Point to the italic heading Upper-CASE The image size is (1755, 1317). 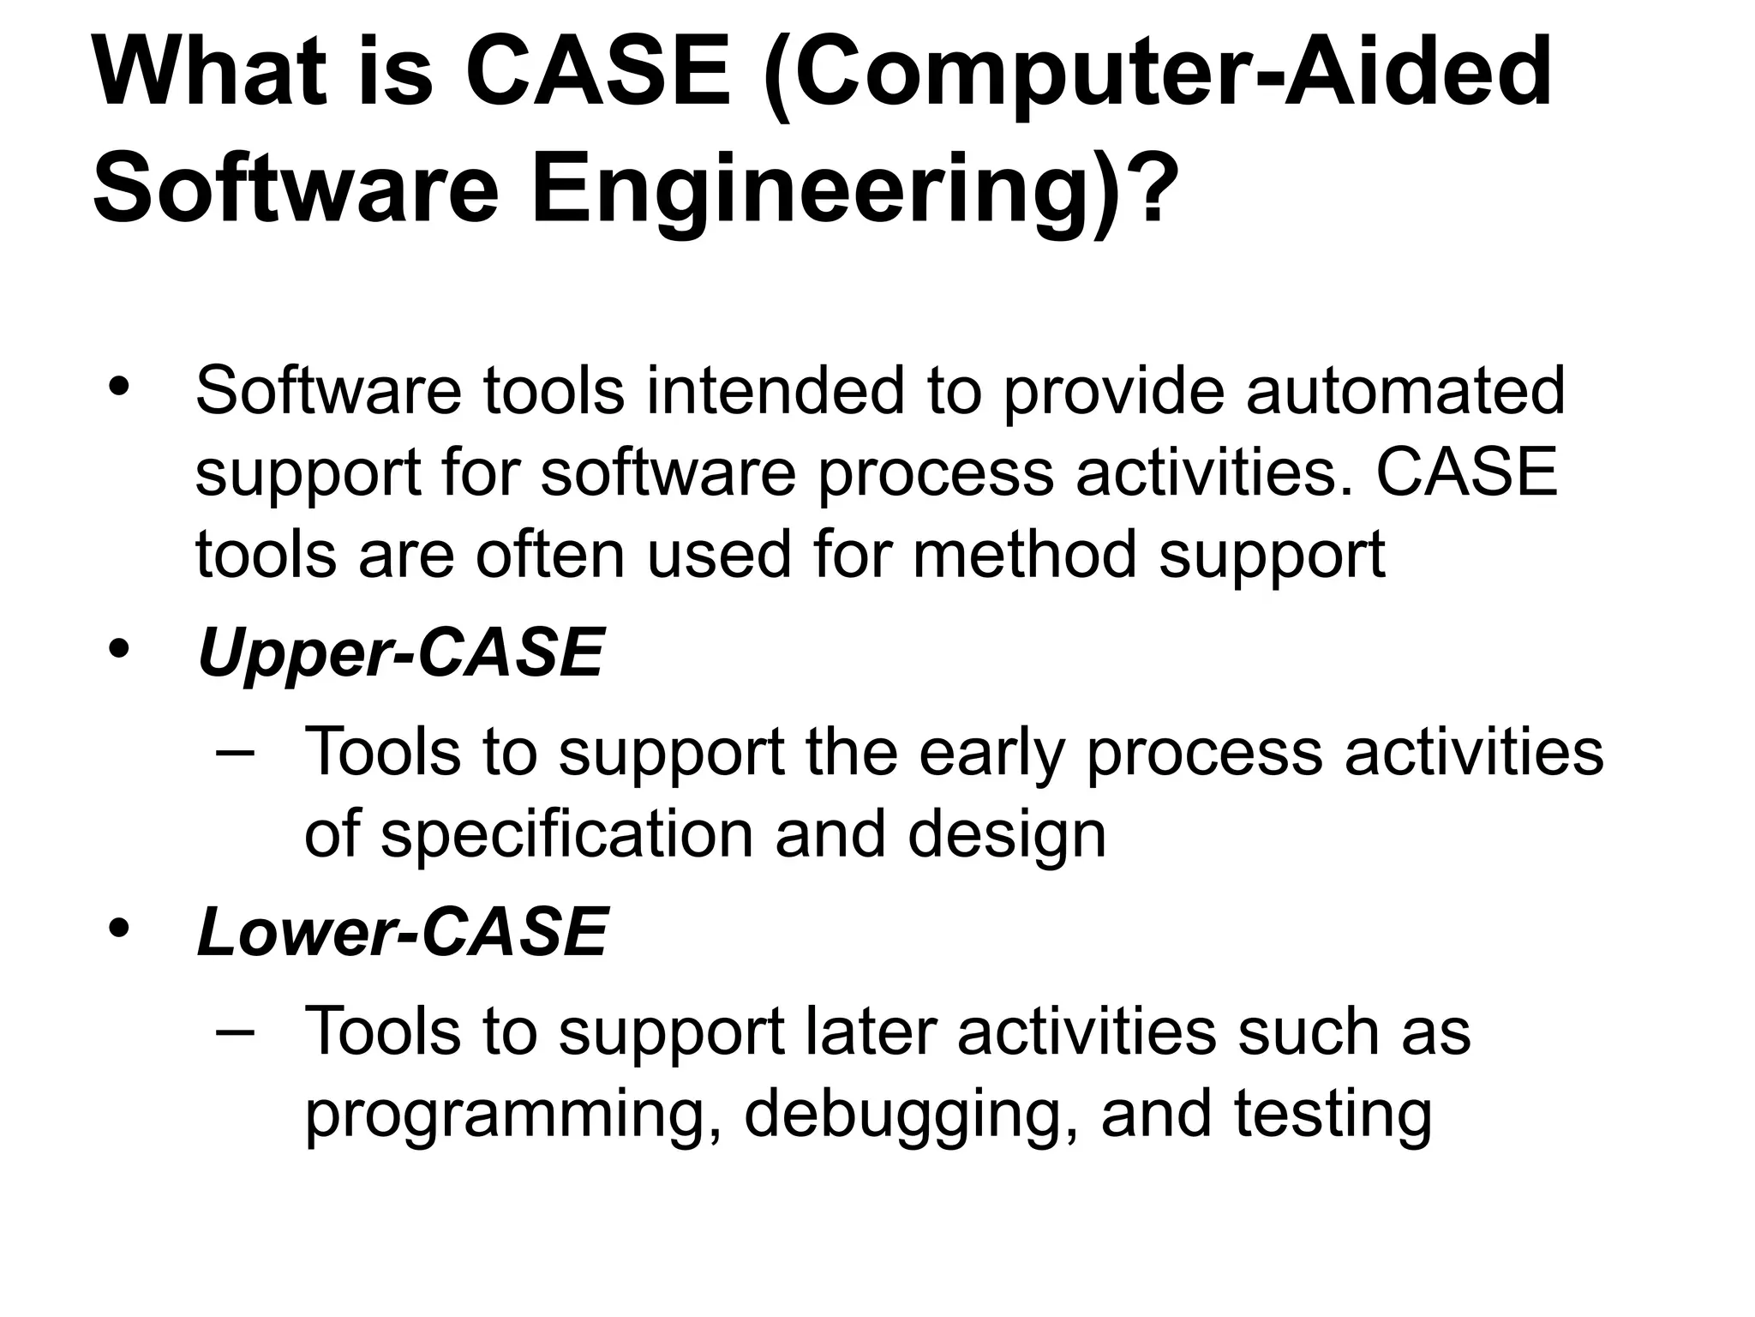pyautogui.click(x=400, y=652)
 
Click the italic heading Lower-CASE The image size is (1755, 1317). pyautogui.click(x=402, y=931)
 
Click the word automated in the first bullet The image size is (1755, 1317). pyautogui.click(x=1405, y=391)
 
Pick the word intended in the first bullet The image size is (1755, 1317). pyautogui.click(x=776, y=391)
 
